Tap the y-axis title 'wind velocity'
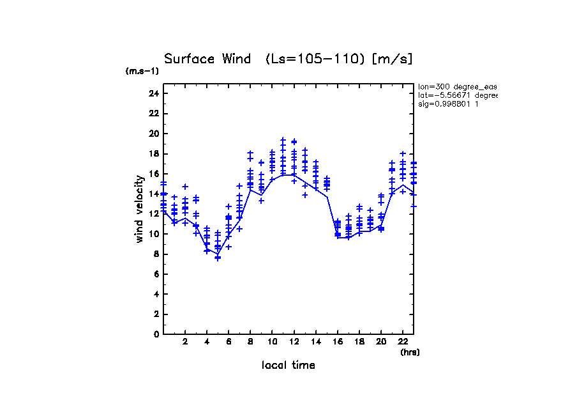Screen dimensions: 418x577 click(x=139, y=209)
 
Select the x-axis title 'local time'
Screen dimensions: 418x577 click(x=288, y=366)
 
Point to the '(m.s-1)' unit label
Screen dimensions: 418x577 click(x=142, y=72)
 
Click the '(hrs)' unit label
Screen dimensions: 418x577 click(x=410, y=352)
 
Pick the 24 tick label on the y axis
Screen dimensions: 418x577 click(x=153, y=93)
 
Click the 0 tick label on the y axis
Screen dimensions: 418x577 click(x=155, y=334)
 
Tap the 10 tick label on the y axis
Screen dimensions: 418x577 click(x=153, y=234)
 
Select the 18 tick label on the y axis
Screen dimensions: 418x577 click(x=153, y=153)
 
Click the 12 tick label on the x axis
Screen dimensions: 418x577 click(x=294, y=343)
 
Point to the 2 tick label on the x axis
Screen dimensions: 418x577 click(x=185, y=343)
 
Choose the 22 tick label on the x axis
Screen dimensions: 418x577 click(x=403, y=343)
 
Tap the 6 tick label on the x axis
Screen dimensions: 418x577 click(x=229, y=343)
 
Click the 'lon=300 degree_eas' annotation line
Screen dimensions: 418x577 click(x=457, y=86)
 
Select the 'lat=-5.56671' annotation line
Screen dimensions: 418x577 click(x=457, y=95)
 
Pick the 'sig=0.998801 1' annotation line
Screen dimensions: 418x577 click(x=449, y=104)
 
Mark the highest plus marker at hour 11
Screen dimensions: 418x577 click(x=283, y=139)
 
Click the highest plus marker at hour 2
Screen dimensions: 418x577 click(x=185, y=187)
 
